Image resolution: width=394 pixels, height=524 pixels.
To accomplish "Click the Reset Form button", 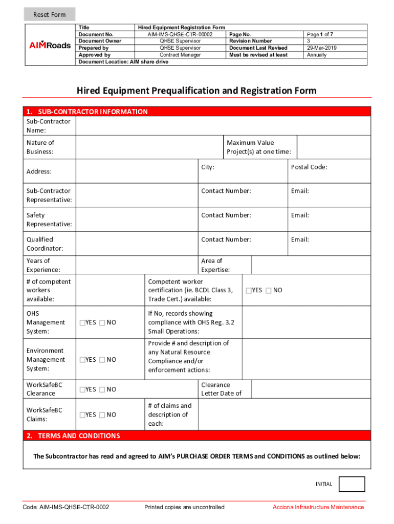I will (50, 14).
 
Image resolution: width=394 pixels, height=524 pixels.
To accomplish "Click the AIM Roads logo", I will (50, 45).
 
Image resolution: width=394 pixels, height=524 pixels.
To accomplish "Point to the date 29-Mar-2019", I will (319, 48).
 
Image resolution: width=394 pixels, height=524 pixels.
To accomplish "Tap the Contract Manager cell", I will (180, 55).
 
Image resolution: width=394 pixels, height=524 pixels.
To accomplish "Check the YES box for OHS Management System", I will (82, 323).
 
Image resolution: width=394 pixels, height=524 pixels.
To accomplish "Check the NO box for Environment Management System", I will (102, 360).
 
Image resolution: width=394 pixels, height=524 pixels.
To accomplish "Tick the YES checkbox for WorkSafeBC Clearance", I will (82, 390).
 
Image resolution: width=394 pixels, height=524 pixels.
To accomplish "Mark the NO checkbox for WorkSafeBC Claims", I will (102, 415).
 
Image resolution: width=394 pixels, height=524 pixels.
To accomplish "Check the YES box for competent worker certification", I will (249, 291).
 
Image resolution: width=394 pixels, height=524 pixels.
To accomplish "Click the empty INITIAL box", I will (352, 484).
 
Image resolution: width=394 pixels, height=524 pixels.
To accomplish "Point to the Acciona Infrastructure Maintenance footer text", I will (318, 507).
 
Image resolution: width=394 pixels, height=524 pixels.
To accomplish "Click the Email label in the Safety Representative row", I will (300, 215).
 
